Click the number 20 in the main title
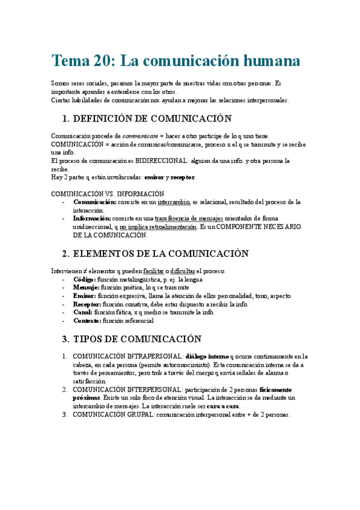[x=102, y=61]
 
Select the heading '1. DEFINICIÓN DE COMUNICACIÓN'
[x=147, y=118]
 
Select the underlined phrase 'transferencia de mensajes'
[x=188, y=218]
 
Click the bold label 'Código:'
[x=84, y=280]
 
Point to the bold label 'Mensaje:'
[x=87, y=288]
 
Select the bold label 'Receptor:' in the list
[x=87, y=304]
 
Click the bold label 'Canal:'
[x=83, y=313]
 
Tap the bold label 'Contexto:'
[x=87, y=321]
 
